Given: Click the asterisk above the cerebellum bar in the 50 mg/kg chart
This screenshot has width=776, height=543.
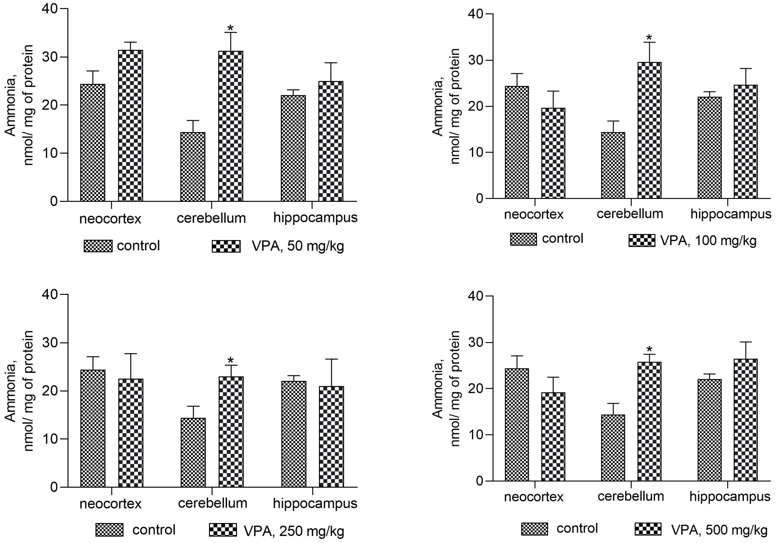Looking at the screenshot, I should coord(230,28).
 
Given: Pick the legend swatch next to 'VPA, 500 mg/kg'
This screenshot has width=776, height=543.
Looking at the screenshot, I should coord(648,529).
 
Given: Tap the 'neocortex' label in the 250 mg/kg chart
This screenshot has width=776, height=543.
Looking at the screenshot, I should coord(110,504).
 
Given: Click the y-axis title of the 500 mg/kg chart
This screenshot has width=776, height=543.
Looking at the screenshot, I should coord(446,388).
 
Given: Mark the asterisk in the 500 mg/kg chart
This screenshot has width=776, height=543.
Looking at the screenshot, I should coord(649,350).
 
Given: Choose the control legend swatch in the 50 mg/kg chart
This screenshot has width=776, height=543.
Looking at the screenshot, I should coord(98,246).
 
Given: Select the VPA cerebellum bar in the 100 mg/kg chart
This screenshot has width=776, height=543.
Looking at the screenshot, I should coord(649,130).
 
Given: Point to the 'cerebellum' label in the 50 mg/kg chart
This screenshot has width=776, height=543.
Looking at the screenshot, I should coord(211,218).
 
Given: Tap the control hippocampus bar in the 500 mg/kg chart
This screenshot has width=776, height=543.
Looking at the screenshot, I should coord(709,430).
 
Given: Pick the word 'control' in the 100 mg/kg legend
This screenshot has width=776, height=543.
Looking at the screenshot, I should coord(562,239).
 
